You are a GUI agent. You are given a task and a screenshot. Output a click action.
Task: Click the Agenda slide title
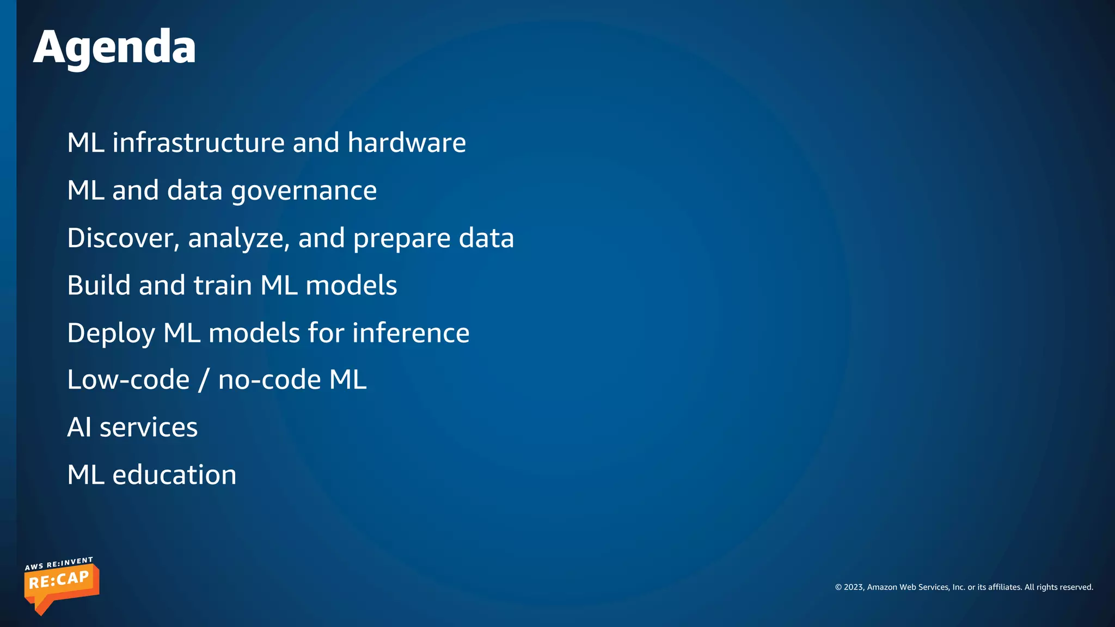pos(114,48)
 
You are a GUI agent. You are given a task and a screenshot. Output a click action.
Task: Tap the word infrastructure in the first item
pos(198,143)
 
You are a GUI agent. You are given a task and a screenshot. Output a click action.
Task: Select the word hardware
pos(407,143)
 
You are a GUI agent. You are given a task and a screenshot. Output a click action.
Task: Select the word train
pos(223,286)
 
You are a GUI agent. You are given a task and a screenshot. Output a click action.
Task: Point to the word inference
pos(411,333)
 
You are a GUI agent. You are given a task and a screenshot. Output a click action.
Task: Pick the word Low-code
pos(128,380)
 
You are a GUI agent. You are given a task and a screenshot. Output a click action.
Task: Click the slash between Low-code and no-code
pos(204,380)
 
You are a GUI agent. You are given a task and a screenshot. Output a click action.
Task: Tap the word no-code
pos(269,380)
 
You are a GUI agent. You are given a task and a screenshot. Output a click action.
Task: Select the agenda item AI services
pos(132,427)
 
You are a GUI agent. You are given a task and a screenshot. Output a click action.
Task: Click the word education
pos(174,475)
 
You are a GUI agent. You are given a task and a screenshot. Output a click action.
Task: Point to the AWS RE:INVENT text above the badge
pos(59,563)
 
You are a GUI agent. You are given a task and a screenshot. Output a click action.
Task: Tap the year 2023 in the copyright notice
pos(853,587)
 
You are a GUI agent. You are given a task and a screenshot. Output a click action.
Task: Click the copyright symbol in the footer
pos(838,587)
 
